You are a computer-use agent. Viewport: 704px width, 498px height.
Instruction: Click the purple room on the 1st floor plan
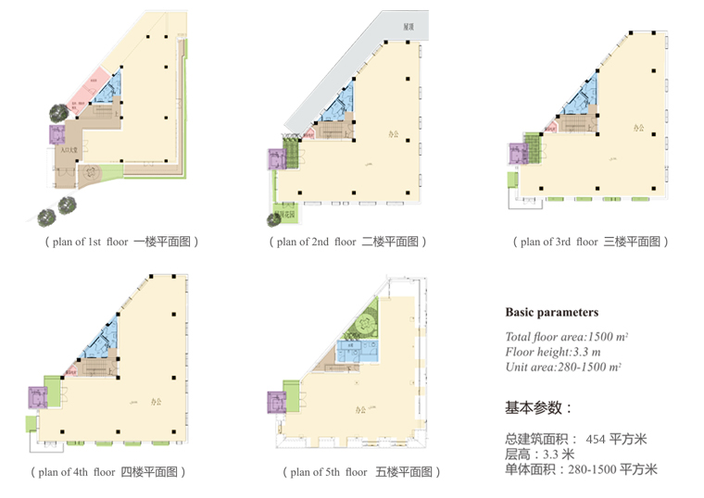coord(57,134)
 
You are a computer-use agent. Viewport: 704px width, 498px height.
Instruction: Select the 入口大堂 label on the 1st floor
coord(66,149)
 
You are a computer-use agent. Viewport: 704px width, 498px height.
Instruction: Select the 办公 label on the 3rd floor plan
coord(639,129)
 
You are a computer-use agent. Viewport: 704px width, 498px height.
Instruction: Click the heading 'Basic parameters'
coord(551,313)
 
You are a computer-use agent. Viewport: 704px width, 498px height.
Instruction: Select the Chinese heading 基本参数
coord(538,407)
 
